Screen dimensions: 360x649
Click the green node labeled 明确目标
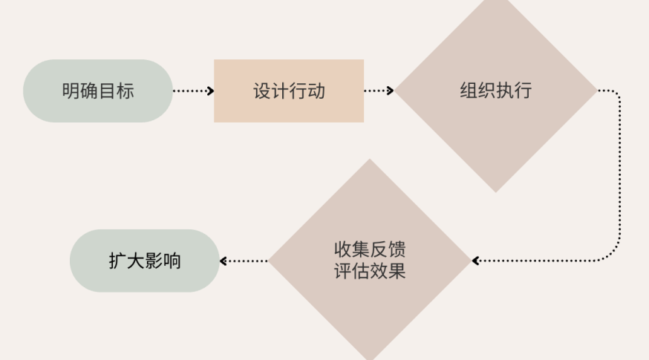tap(97, 91)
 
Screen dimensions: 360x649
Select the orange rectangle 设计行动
tap(289, 91)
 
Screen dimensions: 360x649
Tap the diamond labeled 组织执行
tap(496, 91)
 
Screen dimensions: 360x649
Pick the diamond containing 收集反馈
tap(370, 260)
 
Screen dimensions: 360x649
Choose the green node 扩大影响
tap(145, 261)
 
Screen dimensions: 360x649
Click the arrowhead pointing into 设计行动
tap(211, 91)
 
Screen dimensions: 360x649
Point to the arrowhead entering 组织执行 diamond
tap(391, 91)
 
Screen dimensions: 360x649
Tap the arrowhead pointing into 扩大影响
tap(224, 261)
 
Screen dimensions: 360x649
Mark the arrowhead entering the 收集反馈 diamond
tap(476, 261)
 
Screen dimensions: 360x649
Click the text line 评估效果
tap(370, 271)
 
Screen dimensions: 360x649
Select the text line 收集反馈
tap(370, 249)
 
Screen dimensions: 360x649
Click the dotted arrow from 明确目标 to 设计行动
tap(192, 91)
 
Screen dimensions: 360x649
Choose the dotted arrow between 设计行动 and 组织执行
tap(378, 91)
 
